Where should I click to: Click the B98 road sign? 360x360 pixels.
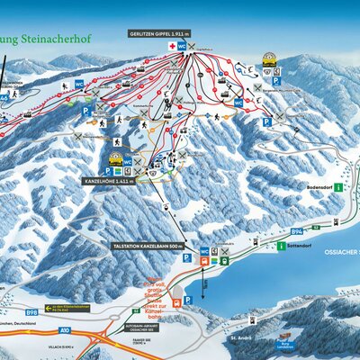click(32, 312)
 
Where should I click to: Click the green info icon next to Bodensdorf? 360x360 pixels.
click(338, 187)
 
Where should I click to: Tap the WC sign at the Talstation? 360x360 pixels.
click(204, 251)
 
